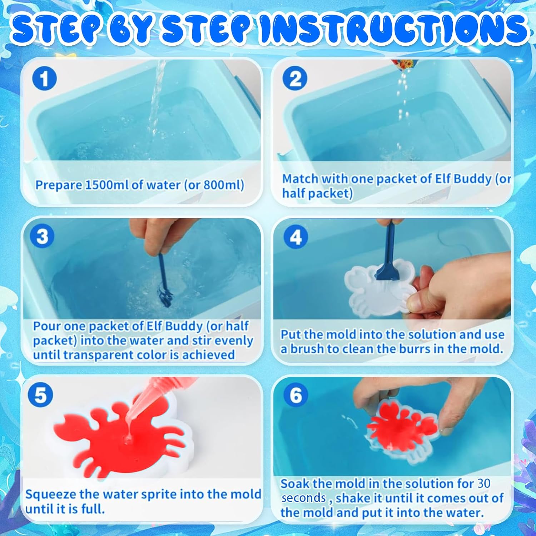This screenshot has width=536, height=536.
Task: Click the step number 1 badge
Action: pyautogui.click(x=45, y=79)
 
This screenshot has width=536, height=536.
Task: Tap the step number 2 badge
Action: pyautogui.click(x=295, y=79)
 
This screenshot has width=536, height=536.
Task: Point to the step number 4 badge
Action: pyautogui.click(x=296, y=237)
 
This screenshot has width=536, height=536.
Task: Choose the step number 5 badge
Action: pyautogui.click(x=41, y=396)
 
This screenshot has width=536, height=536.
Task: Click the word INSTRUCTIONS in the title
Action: pyautogui.click(x=393, y=28)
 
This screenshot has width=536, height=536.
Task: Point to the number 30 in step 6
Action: pyautogui.click(x=484, y=483)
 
